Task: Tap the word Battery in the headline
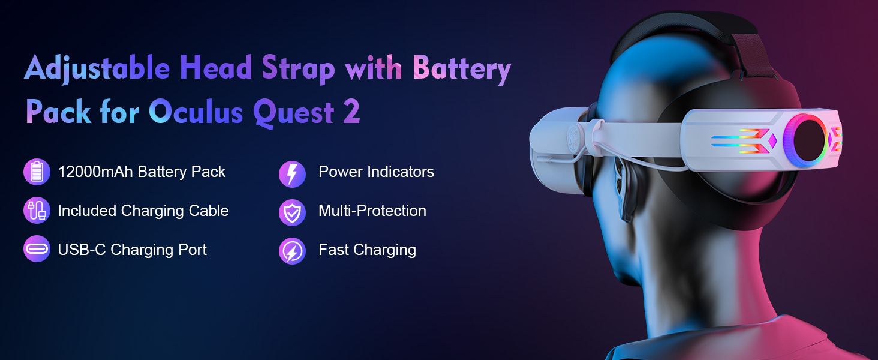[462, 68]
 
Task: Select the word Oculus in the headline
[196, 112]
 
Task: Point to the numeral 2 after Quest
[351, 112]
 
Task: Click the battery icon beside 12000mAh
[37, 172]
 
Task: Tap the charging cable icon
[37, 210]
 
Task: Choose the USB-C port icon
[37, 248]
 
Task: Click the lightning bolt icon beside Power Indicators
[292, 174]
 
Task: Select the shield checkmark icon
[292, 212]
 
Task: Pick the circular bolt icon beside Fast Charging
[292, 251]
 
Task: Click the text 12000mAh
[95, 172]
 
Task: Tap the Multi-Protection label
[372, 211]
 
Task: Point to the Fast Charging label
[367, 250]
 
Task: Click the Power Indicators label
[376, 172]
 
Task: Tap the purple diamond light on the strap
[772, 141]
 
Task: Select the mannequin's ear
[625, 188]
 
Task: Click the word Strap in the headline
[298, 69]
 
